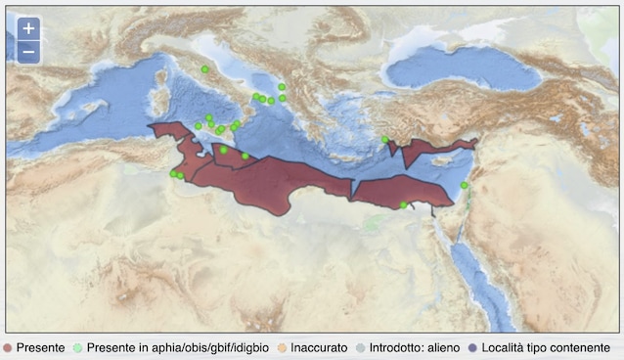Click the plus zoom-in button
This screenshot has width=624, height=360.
[x=28, y=29]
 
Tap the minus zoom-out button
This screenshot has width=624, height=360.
[x=28, y=52]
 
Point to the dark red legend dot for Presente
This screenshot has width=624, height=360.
[x=8, y=348]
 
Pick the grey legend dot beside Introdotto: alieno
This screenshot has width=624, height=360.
[x=362, y=348]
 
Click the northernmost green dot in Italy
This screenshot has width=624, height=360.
[x=204, y=69]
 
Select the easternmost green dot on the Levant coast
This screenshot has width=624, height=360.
[x=465, y=185]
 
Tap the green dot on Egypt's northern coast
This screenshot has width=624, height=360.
[x=404, y=204]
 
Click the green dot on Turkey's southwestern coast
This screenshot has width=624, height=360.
[x=385, y=139]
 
